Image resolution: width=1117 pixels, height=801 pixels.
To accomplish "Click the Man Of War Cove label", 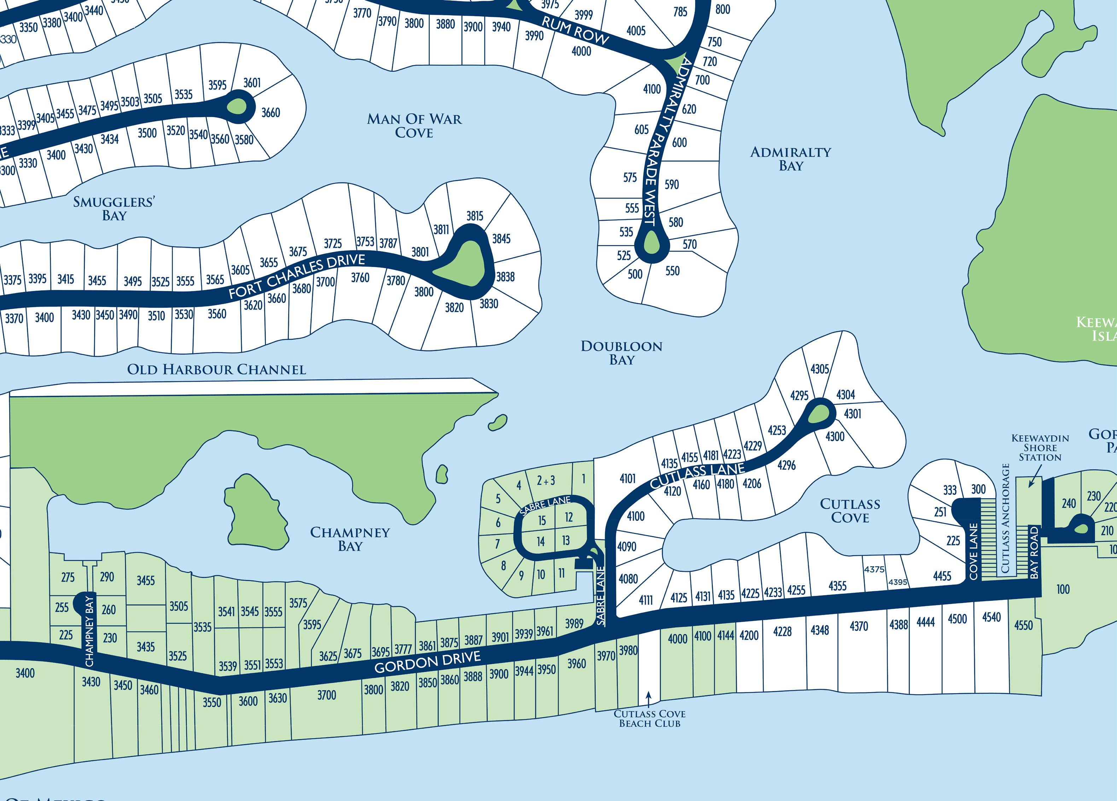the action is point(414,126).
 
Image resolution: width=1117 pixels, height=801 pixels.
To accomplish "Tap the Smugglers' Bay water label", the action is point(114,208).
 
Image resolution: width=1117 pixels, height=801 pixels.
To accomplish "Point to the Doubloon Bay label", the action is point(622,353).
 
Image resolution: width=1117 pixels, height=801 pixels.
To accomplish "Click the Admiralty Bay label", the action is point(791,159).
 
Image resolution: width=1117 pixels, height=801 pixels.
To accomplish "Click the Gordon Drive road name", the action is point(427,662).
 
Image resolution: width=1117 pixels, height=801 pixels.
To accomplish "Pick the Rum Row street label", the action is point(575,30).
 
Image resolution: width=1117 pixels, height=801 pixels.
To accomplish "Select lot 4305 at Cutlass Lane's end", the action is point(820,369).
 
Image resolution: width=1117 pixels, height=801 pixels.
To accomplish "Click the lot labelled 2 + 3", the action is point(546,480).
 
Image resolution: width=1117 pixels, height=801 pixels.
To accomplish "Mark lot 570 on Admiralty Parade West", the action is point(690,244).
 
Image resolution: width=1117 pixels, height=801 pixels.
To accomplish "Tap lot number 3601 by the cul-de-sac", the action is point(252,83).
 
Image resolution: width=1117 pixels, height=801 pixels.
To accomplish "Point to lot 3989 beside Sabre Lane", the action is point(574,624).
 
